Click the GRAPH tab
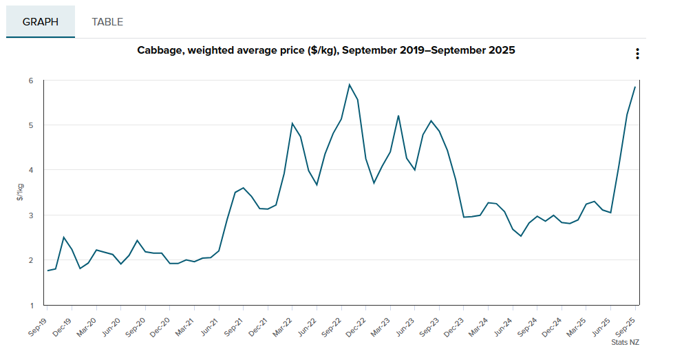tap(41, 21)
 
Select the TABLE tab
tap(107, 21)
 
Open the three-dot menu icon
tap(638, 54)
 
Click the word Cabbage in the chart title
tap(160, 50)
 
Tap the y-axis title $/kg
tap(20, 193)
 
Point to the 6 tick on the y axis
tap(31, 81)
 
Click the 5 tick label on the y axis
tap(31, 125)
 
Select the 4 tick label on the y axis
tap(31, 170)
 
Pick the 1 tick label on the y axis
tap(31, 305)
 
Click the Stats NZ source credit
tap(625, 342)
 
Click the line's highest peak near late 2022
tap(350, 85)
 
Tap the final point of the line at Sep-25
tap(634, 87)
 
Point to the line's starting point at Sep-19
tap(47, 271)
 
